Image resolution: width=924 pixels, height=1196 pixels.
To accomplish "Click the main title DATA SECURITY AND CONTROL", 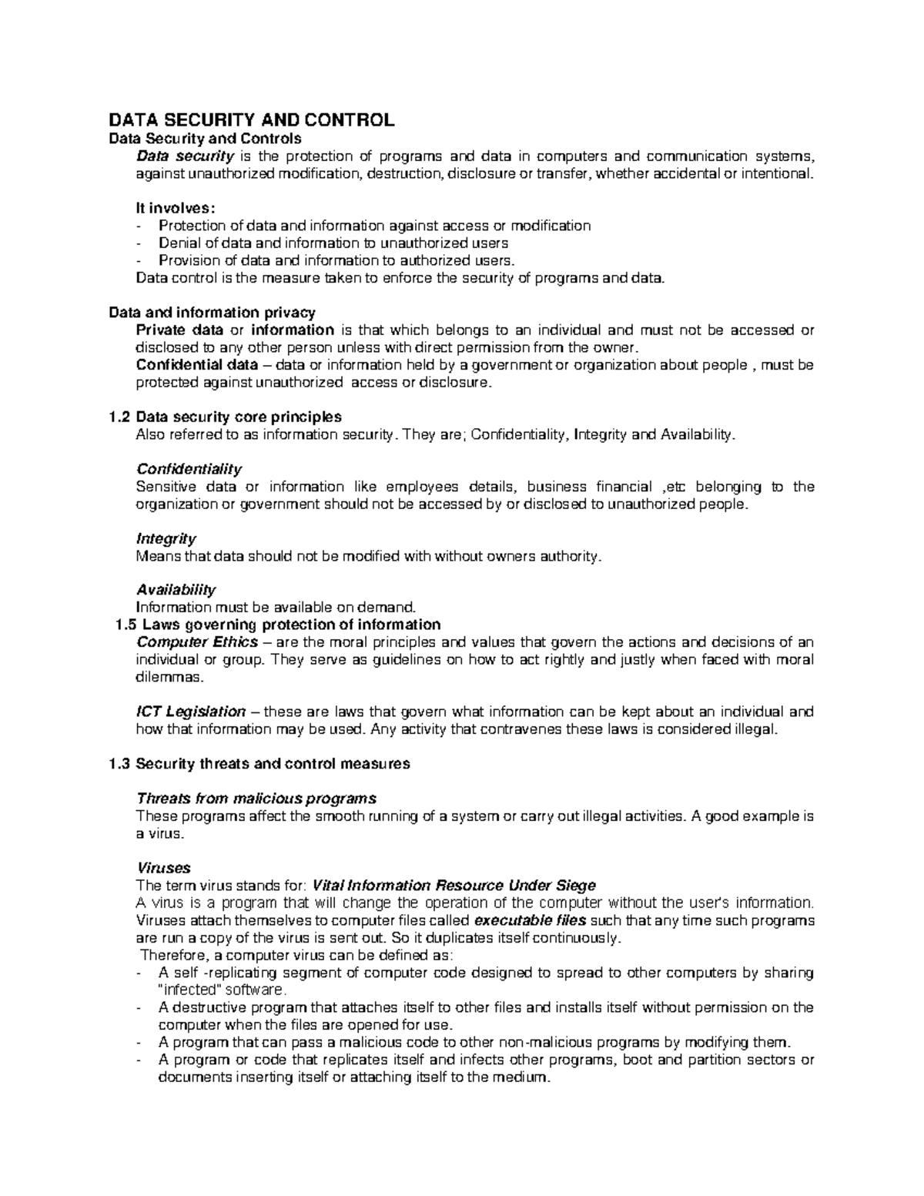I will click(x=251, y=120).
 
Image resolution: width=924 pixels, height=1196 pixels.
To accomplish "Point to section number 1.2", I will click(x=119, y=417).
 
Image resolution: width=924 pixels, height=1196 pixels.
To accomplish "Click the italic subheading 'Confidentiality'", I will click(x=189, y=469).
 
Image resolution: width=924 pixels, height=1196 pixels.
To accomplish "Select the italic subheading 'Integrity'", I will click(x=166, y=538).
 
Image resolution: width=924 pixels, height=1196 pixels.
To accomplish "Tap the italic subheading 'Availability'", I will click(x=176, y=590).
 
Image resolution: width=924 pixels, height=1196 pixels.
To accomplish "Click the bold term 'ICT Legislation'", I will click(x=191, y=712).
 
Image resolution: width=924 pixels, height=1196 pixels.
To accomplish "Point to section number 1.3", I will click(x=119, y=764).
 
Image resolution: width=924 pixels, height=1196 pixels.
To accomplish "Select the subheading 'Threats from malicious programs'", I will click(x=256, y=798).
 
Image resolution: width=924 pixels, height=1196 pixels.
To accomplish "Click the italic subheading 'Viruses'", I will click(x=162, y=868).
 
